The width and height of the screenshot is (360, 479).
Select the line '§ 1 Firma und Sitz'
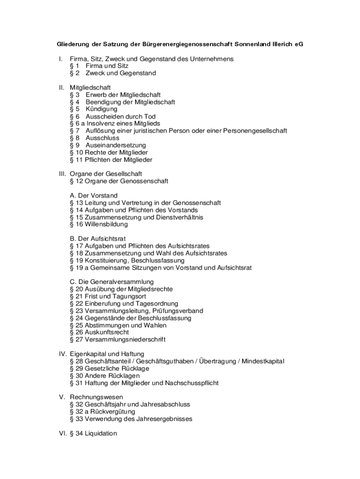pos(99,66)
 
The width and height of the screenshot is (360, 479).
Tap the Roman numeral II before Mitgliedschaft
pos(61,87)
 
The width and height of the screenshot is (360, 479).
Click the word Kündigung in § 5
pos(101,109)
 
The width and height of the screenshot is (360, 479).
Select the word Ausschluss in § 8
pos(102,138)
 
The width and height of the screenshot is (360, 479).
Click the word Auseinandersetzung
pos(115,145)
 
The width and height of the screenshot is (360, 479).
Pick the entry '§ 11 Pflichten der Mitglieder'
pos(111,160)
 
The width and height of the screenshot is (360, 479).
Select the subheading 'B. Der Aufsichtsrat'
pos(98,239)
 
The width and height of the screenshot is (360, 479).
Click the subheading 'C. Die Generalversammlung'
pos(112,282)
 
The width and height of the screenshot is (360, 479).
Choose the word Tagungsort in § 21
pos(128,297)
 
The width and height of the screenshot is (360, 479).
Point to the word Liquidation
pos(101,434)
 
